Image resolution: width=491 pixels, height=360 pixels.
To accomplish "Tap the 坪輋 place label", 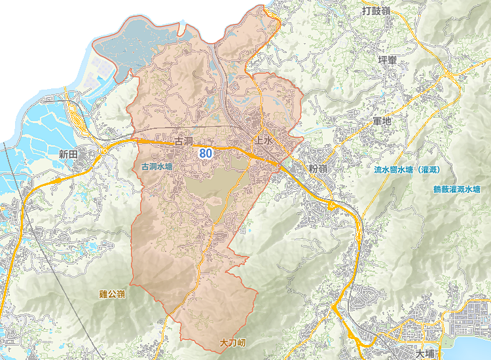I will pos(388,60).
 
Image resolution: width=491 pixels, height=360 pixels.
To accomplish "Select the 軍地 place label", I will pos(381,122).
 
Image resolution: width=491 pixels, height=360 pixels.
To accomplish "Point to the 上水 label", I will pos(263,141).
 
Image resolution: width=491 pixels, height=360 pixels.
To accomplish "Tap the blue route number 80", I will pos(206,153).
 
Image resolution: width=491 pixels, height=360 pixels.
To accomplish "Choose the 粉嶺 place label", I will pos(318,169).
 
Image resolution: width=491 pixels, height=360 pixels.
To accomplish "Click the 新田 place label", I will pos(68,154).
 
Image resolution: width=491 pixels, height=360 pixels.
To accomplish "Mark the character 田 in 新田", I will pos(73,154).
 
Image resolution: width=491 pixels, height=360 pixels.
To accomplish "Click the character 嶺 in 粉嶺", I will pos(323,169).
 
